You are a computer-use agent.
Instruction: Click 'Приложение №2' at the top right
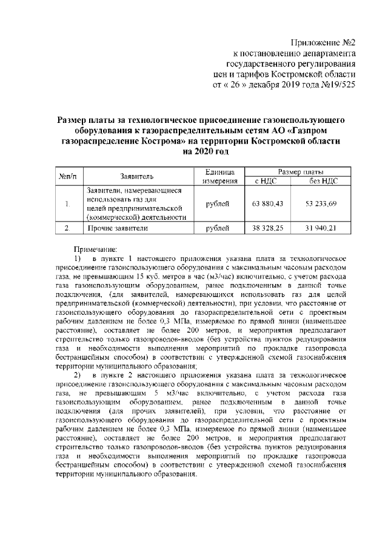click(x=323, y=43)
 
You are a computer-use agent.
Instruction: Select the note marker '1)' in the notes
click(x=78, y=259)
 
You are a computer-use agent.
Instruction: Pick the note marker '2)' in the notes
click(x=78, y=376)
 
